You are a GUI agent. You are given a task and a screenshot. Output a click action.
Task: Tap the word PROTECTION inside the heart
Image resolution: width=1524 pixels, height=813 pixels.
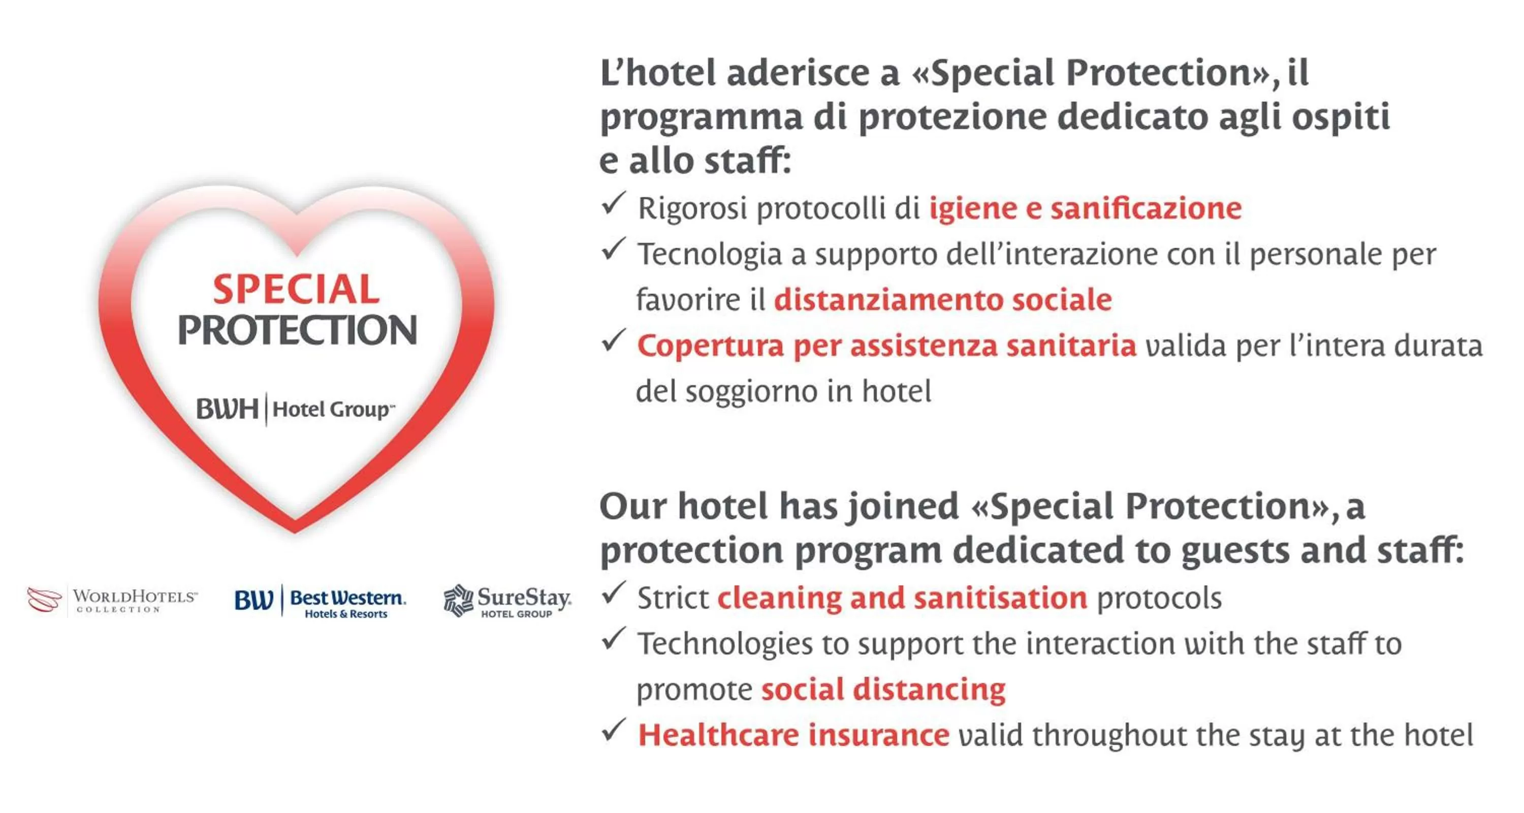[x=298, y=330]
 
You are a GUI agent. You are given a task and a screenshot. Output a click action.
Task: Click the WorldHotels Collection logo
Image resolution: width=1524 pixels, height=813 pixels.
[x=112, y=601]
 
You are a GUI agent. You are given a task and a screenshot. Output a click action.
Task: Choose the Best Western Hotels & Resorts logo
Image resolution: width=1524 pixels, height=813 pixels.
[x=320, y=602]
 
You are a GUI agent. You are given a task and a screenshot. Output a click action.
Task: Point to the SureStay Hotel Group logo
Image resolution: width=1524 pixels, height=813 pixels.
[x=507, y=601]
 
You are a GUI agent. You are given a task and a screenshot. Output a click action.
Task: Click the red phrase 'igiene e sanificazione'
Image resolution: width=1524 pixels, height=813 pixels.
[x=1085, y=208]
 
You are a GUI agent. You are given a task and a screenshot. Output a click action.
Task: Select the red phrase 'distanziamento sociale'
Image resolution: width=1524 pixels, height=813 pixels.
[x=943, y=299]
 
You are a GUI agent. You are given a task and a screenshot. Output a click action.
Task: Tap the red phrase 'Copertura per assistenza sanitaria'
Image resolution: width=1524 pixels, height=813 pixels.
[x=886, y=346]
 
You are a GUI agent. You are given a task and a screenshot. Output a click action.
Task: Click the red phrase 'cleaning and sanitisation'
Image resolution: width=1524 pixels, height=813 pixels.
[x=902, y=598]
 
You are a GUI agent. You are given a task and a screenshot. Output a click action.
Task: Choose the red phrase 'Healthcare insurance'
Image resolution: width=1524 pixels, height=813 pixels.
[x=793, y=735]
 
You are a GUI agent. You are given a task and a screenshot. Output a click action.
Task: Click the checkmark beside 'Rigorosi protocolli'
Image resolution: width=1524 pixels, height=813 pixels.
[x=613, y=204]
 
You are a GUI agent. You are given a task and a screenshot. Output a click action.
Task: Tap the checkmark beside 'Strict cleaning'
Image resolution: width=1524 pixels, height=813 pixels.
[x=613, y=593]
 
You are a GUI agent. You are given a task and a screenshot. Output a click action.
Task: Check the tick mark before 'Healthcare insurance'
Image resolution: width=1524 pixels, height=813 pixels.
[x=613, y=731]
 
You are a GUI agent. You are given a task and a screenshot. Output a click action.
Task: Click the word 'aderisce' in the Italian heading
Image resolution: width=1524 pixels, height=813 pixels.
[x=812, y=73]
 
